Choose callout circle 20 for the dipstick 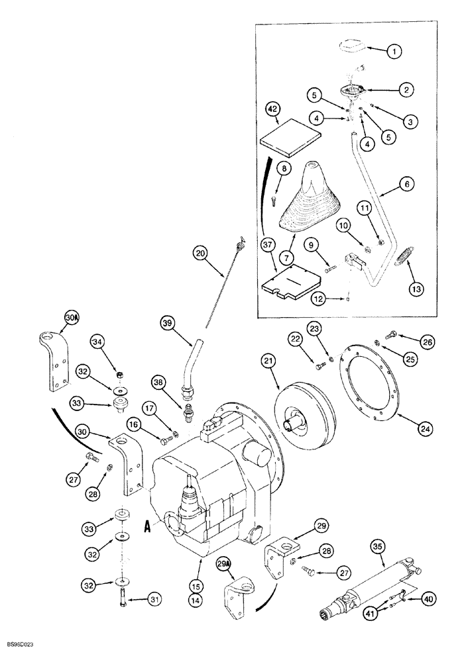(200, 252)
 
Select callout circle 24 (424, 428)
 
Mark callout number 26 (427, 342)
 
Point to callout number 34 (98, 342)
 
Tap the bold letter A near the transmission (148, 527)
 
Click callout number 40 (428, 600)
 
